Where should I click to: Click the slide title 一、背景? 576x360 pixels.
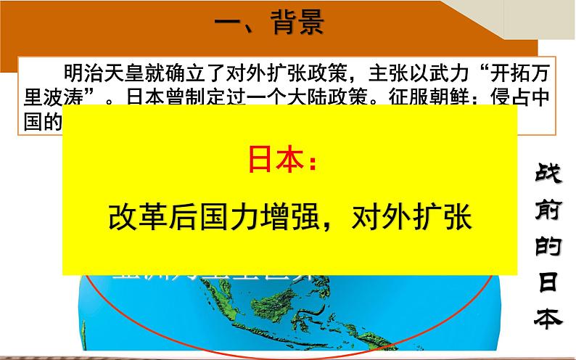tap(269, 23)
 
